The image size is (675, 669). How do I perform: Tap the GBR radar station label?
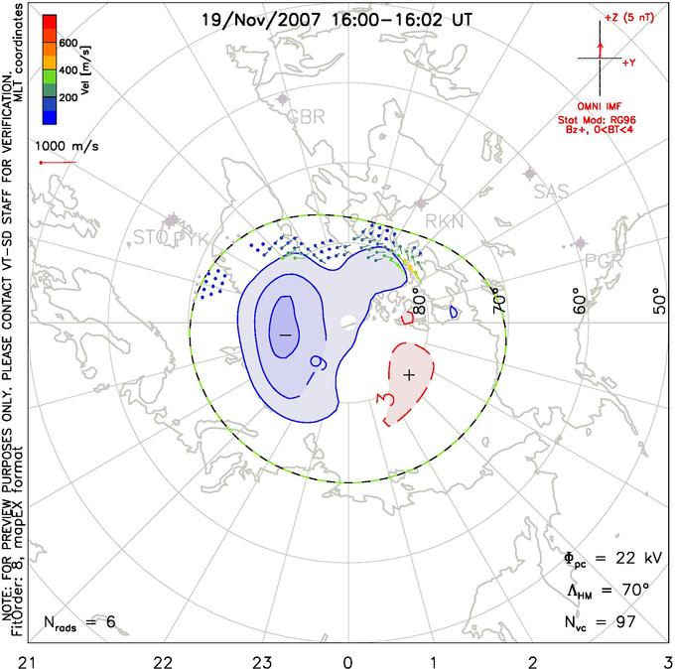[306, 117]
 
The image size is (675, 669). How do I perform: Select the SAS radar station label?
[552, 191]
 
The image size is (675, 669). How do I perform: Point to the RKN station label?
[444, 221]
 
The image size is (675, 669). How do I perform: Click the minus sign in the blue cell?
[285, 335]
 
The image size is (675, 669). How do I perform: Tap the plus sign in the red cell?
[410, 374]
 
